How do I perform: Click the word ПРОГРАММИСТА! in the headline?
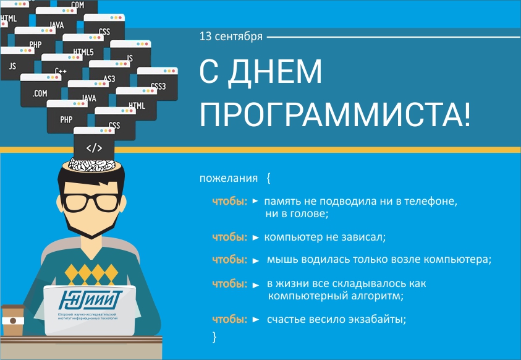point(334,114)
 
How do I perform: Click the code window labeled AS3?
point(109,77)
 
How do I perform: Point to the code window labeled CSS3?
point(158,85)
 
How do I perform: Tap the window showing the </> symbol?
point(94,147)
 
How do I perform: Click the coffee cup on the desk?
point(12,321)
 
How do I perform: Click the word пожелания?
point(228,179)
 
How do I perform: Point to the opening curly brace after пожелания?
point(269,179)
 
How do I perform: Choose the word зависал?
point(365,237)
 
